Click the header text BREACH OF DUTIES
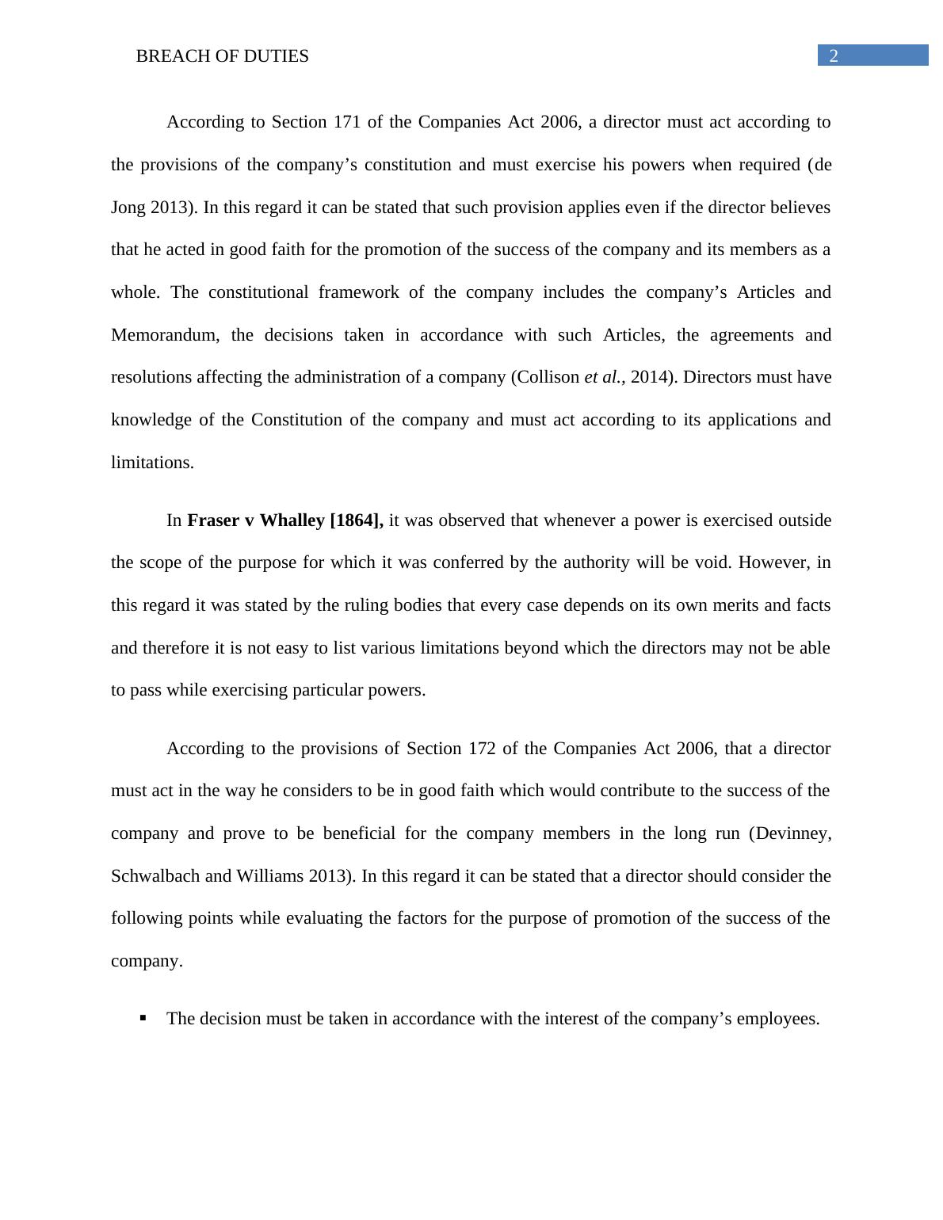(222, 56)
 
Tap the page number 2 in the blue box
(834, 56)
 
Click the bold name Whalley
(292, 520)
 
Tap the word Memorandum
(166, 335)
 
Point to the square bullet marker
(143, 1018)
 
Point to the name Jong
(128, 208)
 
